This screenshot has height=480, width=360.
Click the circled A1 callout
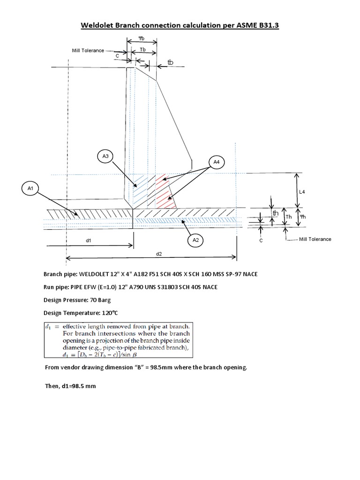pos(30,188)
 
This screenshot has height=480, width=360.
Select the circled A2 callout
pos(196,240)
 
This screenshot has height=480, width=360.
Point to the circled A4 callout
pos(216,162)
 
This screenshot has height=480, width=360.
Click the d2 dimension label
pos(159,253)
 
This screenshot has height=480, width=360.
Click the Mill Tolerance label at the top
pos(88,50)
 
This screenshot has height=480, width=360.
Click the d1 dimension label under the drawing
pos(88,240)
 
